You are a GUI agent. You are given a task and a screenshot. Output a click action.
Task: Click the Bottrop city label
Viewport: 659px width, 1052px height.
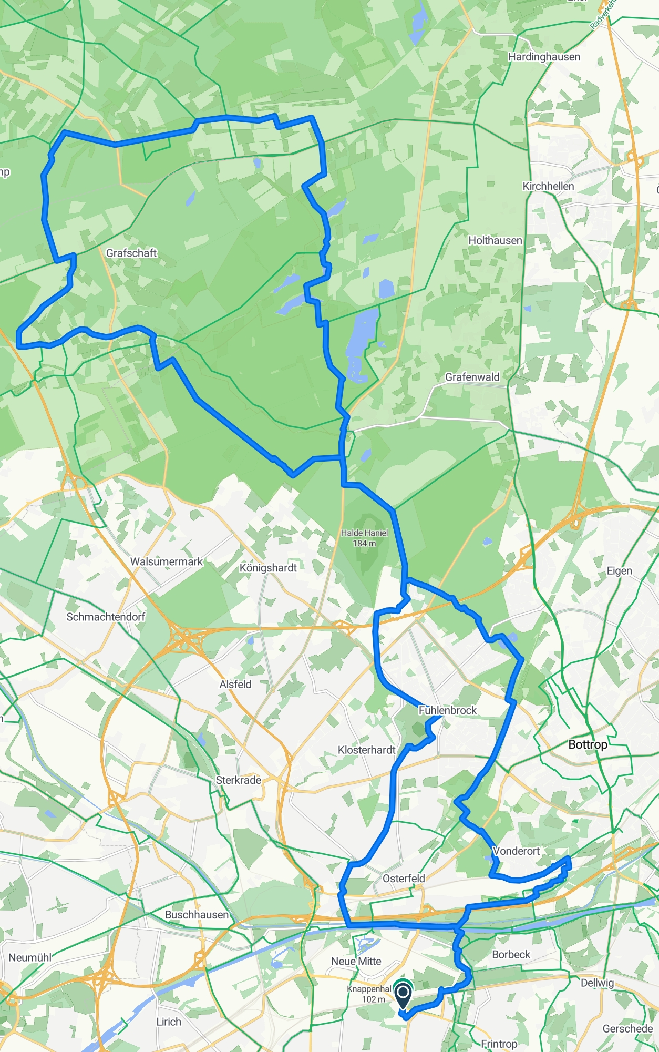[588, 744]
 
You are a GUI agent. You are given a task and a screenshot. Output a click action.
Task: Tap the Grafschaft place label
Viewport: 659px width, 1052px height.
[131, 253]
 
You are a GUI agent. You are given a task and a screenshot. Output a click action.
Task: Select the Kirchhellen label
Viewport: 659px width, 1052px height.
[548, 186]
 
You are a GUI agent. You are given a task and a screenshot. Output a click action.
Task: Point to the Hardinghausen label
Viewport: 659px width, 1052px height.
[544, 57]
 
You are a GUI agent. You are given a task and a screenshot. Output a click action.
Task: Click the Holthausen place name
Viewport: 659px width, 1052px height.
[495, 240]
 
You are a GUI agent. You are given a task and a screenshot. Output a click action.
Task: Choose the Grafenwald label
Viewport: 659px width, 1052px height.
[472, 377]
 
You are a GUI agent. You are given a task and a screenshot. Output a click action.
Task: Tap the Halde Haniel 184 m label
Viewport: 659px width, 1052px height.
[364, 538]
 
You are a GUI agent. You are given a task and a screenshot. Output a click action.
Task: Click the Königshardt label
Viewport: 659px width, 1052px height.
[268, 568]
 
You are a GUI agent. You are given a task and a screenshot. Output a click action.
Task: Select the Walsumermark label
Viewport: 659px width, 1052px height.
[166, 561]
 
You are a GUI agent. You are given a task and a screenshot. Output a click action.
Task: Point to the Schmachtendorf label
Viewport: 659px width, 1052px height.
[106, 617]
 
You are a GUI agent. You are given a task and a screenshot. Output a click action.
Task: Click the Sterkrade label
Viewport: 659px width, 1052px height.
[239, 780]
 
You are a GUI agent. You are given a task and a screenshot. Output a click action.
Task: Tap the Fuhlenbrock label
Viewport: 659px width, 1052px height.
[448, 710]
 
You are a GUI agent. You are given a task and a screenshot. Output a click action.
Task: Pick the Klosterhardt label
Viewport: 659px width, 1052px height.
[366, 750]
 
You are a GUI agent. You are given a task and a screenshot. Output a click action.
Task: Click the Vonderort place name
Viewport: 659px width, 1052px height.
[516, 851]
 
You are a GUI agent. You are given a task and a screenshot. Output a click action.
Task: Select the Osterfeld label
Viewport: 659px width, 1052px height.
[404, 879]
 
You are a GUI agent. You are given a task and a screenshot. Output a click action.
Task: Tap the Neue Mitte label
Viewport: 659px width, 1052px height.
[356, 961]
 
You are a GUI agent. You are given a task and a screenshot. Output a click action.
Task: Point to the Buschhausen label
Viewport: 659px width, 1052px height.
[197, 915]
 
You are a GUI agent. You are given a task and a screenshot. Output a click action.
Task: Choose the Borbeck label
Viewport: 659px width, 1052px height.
[511, 954]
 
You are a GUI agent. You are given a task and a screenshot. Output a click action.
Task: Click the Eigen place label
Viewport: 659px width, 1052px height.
[619, 571]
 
